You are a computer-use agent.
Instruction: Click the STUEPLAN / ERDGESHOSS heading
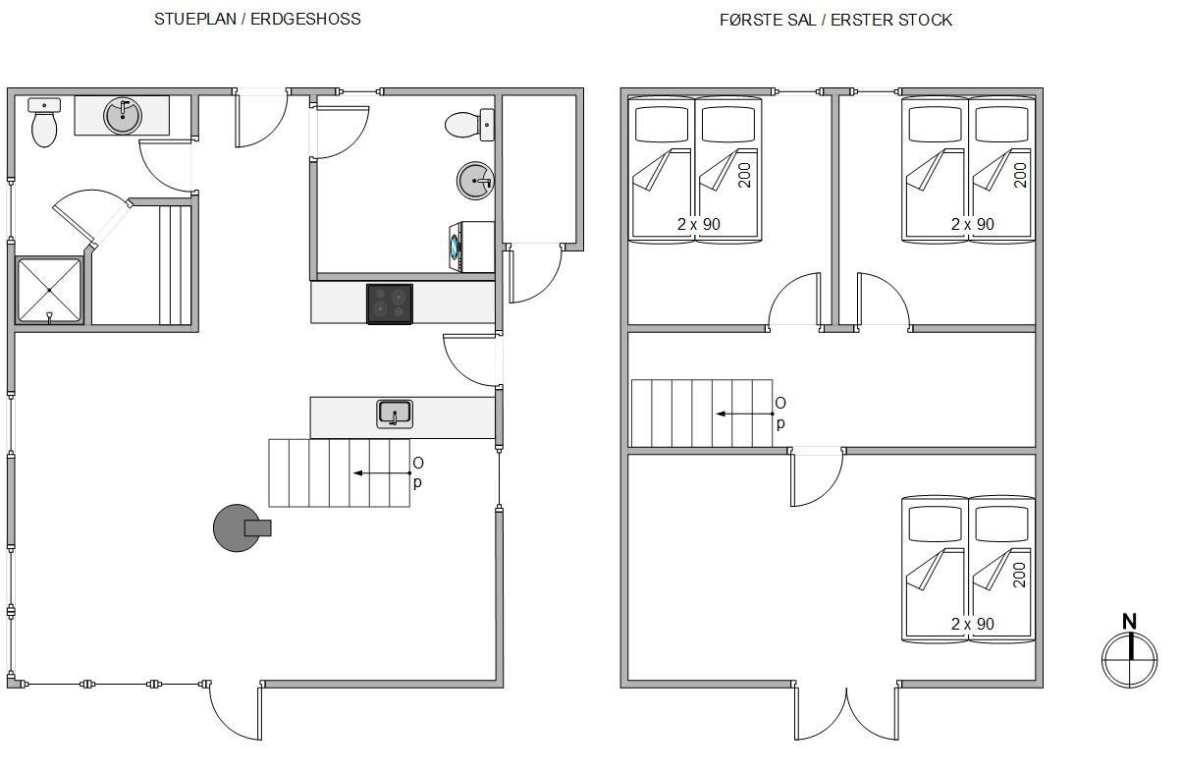click(257, 19)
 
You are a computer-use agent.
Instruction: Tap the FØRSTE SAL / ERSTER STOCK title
click(835, 20)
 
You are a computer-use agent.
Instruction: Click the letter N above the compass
click(1129, 622)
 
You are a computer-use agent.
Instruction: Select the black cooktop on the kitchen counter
click(390, 304)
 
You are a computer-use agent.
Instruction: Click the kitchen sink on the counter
click(395, 414)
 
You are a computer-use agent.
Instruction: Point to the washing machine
click(471, 248)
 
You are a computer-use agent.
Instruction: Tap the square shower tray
click(49, 290)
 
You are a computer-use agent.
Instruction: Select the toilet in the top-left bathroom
click(44, 123)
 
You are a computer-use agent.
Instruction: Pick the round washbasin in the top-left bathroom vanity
click(123, 116)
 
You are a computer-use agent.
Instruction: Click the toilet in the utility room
click(469, 125)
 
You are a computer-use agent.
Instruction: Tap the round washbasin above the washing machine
click(475, 181)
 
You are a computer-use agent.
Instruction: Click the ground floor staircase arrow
click(382, 473)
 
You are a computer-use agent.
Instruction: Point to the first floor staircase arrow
click(744, 414)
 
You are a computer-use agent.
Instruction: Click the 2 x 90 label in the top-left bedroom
click(699, 224)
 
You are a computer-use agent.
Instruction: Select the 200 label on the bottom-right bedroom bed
click(1019, 575)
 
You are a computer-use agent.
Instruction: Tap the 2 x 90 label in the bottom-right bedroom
click(973, 624)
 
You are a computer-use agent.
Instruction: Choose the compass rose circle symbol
click(1130, 660)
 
